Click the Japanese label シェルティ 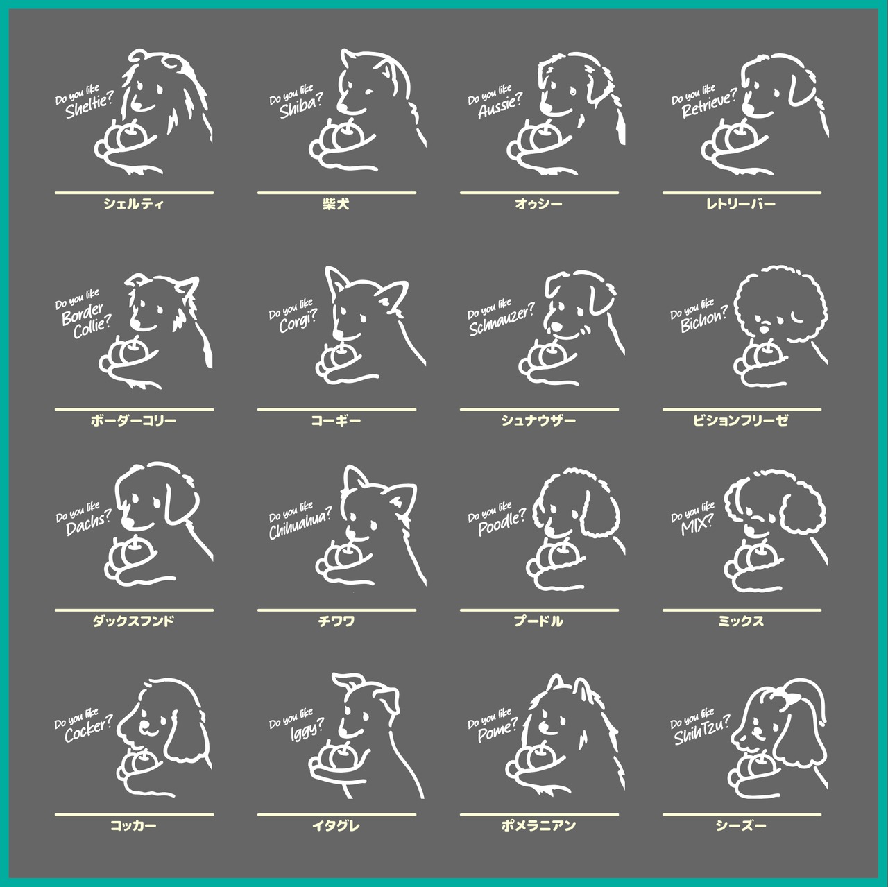tap(134, 204)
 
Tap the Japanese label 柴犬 tap(336, 204)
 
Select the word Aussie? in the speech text tap(500, 107)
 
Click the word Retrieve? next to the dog tap(710, 104)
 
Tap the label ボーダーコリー tap(134, 420)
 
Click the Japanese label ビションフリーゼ tap(741, 420)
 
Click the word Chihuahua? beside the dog tap(300, 525)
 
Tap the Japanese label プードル tap(539, 621)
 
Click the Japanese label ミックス tap(741, 621)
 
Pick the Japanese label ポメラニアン tap(539, 825)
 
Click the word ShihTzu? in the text tap(702, 731)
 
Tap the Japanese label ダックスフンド tap(134, 621)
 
